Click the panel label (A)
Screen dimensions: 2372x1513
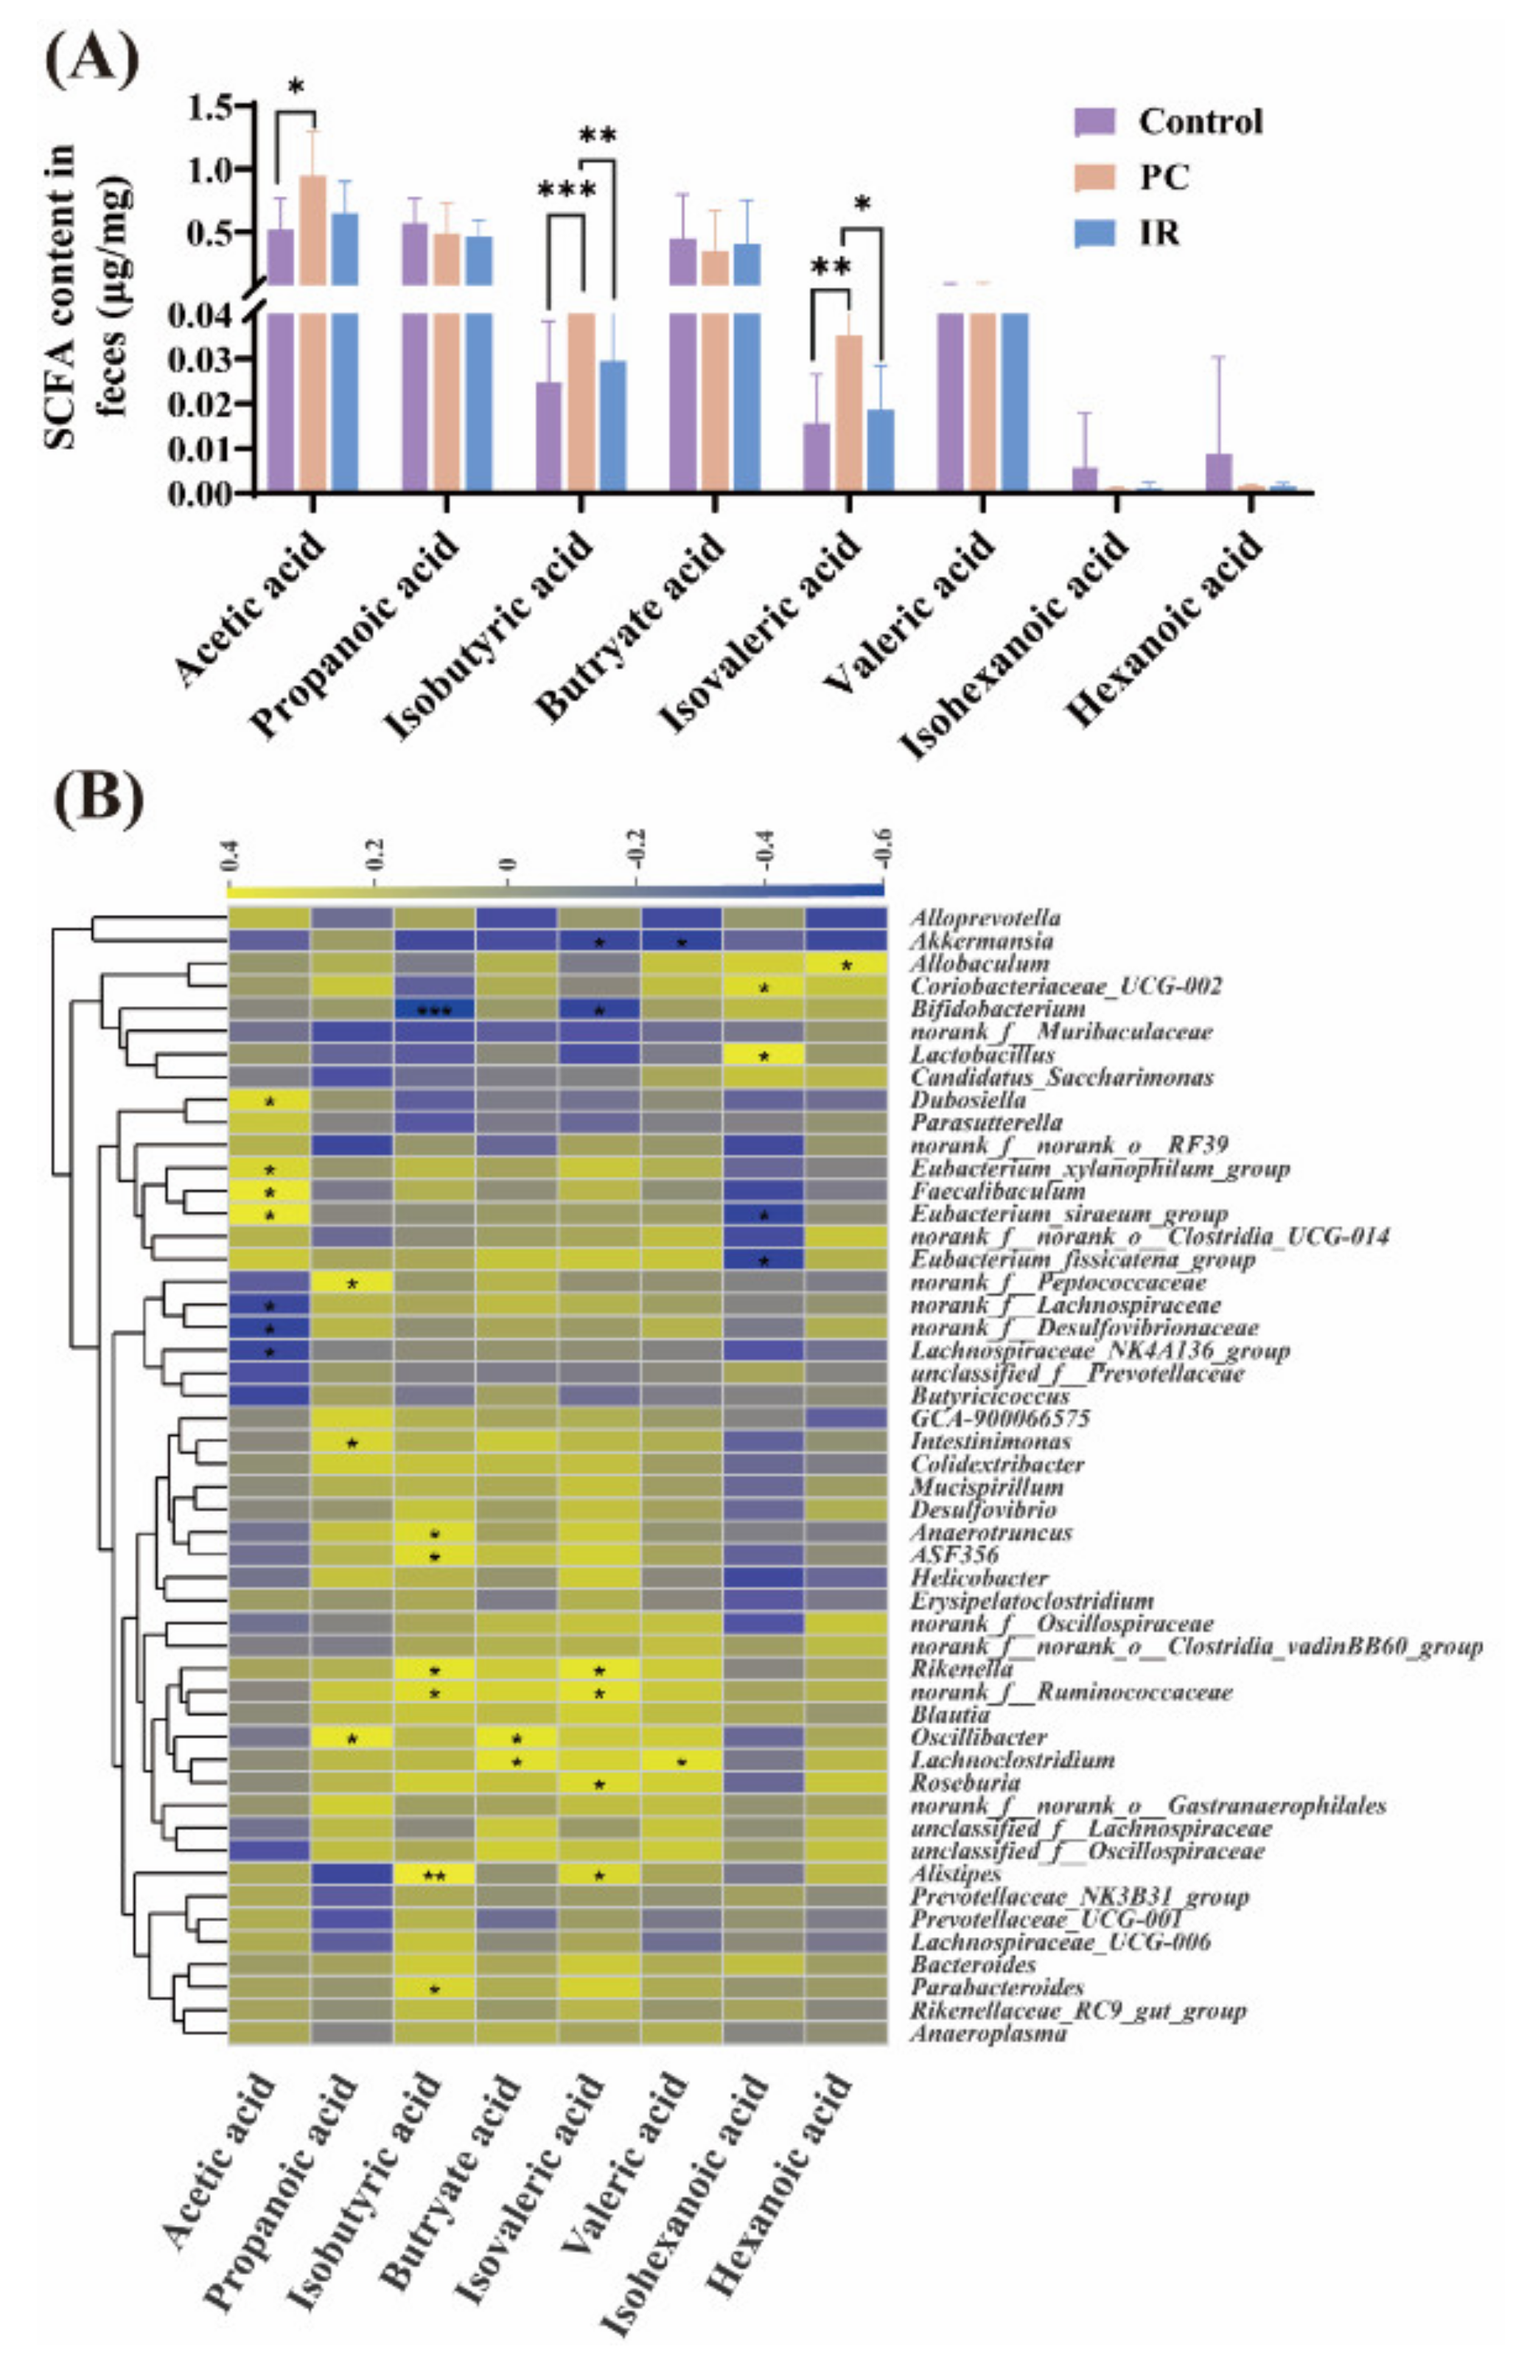click(x=91, y=58)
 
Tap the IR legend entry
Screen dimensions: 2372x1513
click(x=1159, y=234)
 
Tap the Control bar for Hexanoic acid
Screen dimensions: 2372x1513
click(x=1218, y=472)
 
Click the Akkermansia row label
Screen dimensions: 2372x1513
click(x=981, y=941)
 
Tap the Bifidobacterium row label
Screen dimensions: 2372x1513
click(x=997, y=1008)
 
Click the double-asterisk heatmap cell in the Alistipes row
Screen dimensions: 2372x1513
click(x=434, y=1874)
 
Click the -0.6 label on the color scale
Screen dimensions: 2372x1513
click(x=883, y=849)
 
